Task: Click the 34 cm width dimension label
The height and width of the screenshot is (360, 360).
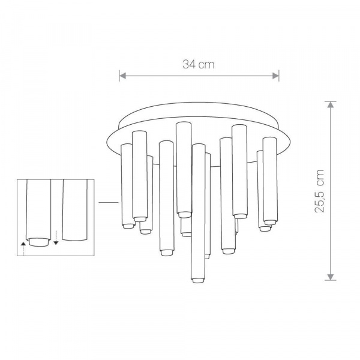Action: tap(199, 64)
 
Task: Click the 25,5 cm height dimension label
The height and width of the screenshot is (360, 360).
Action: tap(319, 191)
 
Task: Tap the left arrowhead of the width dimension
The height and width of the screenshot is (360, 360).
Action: tap(122, 76)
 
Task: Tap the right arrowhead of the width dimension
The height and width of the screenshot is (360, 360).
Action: tap(275, 76)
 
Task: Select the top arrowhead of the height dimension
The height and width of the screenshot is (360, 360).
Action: tap(331, 104)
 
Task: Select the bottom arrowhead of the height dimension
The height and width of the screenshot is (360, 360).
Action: tap(331, 277)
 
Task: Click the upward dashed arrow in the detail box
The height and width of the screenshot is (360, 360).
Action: tap(23, 248)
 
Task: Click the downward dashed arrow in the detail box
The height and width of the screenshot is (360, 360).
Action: tap(56, 238)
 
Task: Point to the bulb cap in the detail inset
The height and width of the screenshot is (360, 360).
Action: tap(38, 242)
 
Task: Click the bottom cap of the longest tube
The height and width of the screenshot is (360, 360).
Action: tap(198, 280)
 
